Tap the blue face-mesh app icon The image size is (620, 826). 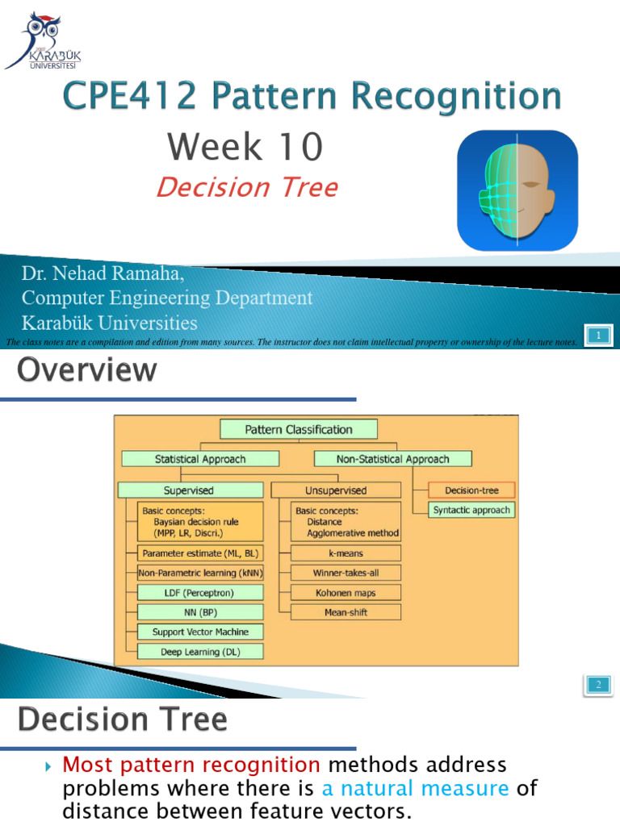tap(517, 190)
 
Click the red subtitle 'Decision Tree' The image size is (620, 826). tap(246, 187)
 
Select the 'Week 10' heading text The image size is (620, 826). tap(245, 147)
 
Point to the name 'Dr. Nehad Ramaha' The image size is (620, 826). tap(103, 274)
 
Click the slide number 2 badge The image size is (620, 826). tap(598, 685)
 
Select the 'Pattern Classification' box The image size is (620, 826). tap(298, 430)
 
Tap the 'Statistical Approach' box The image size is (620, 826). tap(200, 459)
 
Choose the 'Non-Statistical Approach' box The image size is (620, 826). tap(392, 459)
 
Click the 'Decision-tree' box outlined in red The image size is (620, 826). tap(471, 490)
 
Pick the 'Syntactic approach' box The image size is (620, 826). tap(471, 510)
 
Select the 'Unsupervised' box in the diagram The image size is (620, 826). tap(335, 490)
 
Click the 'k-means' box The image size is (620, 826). tap(346, 553)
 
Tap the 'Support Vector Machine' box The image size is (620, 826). tap(200, 632)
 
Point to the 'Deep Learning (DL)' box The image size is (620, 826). tap(200, 652)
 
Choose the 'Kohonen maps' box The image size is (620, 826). tap(346, 593)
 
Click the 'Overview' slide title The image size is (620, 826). tap(87, 371)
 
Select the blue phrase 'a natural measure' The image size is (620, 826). tap(415, 788)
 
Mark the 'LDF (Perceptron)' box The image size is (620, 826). tap(200, 593)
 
